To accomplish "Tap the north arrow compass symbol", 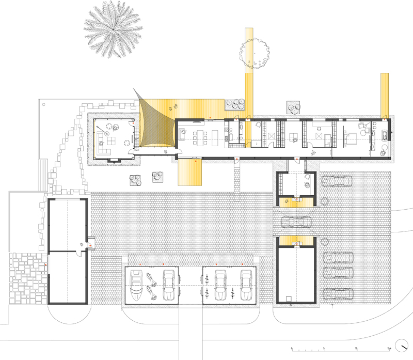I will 401,346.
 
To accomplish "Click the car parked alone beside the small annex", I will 337,181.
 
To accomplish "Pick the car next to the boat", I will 168,285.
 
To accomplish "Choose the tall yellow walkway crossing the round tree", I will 250,72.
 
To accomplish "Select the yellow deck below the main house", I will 189,172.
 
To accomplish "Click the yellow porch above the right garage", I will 295,240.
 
